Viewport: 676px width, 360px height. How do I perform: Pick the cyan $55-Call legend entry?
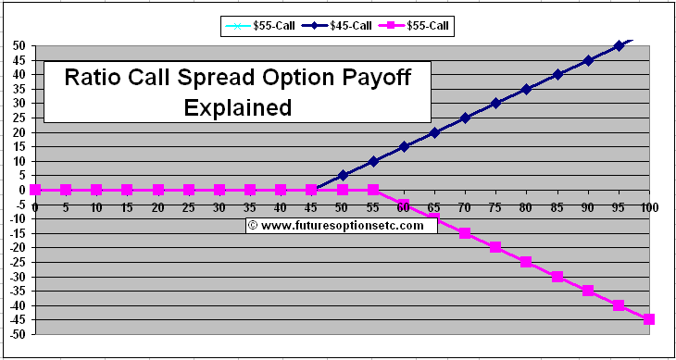(x=263, y=25)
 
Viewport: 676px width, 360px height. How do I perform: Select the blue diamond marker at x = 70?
(x=465, y=118)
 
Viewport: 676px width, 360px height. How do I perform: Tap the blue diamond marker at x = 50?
(x=343, y=175)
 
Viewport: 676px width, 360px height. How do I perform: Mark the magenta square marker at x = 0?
(x=35, y=190)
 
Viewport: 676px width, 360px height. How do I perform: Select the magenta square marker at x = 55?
(x=373, y=190)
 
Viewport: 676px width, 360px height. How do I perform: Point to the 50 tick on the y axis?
(x=19, y=45)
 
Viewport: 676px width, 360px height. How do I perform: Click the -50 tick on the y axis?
(x=18, y=334)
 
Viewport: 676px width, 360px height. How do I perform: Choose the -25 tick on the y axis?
(x=18, y=262)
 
